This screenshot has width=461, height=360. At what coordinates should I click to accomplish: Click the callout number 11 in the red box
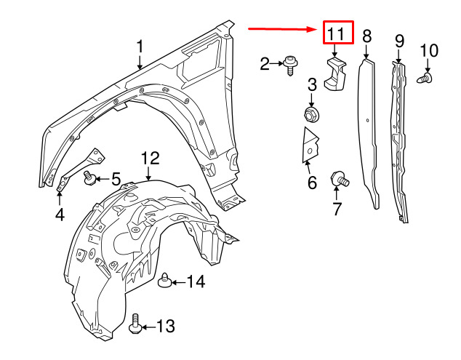335,33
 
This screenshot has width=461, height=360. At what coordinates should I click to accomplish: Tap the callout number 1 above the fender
140,47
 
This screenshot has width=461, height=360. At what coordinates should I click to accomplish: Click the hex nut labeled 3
311,114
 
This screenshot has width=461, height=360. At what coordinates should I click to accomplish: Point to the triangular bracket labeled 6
310,145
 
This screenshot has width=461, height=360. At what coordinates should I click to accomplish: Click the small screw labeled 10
425,79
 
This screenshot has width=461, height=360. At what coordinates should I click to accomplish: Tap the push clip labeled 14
165,281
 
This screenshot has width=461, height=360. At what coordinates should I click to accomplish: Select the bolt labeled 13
135,324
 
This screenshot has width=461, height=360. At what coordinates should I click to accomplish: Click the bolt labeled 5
89,178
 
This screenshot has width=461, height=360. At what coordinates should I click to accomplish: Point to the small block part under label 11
335,74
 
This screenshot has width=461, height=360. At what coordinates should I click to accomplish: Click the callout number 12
151,159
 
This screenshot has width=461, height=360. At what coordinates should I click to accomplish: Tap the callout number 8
366,36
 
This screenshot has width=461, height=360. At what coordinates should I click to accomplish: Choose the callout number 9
399,41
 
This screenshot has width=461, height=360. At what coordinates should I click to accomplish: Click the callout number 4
60,215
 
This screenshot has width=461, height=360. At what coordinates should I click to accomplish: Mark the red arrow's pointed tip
316,29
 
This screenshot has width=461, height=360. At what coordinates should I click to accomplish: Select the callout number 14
196,281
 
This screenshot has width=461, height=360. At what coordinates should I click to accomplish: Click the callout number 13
166,326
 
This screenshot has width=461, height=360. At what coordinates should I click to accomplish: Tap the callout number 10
429,51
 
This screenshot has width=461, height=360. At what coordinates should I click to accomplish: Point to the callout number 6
312,183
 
